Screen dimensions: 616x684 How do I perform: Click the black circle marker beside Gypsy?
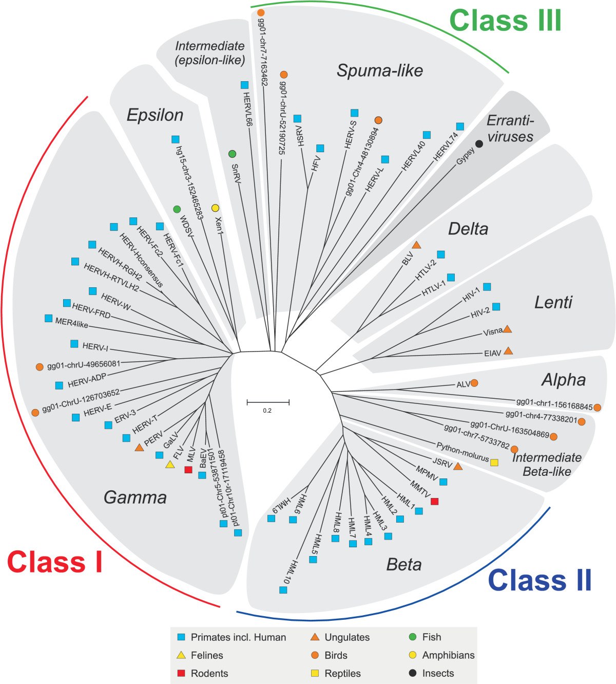pyautogui.click(x=479, y=144)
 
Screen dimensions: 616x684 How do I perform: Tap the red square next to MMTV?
pyautogui.click(x=434, y=501)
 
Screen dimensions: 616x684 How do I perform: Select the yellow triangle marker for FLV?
pyautogui.click(x=170, y=465)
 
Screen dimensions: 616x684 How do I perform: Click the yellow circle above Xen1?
pyautogui.click(x=215, y=208)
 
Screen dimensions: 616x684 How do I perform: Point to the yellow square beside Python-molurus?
pyautogui.click(x=494, y=463)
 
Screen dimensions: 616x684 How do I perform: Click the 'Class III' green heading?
pyautogui.click(x=505, y=21)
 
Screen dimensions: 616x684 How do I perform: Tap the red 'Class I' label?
pyautogui.click(x=54, y=562)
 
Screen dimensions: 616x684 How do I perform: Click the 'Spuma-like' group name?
pyautogui.click(x=380, y=71)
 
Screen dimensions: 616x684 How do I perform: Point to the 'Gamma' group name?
pyautogui.click(x=135, y=497)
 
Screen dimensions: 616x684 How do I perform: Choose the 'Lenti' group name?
pyautogui.click(x=553, y=303)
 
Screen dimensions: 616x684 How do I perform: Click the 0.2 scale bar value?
pyautogui.click(x=267, y=411)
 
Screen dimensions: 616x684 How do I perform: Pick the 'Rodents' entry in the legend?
pyautogui.click(x=209, y=673)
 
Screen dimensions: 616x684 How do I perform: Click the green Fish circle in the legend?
pyautogui.click(x=413, y=637)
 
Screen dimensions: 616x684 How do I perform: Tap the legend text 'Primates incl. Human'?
pyautogui.click(x=239, y=637)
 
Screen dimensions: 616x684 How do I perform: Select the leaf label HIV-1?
pyautogui.click(x=471, y=294)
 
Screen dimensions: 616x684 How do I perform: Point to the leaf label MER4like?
pyautogui.click(x=71, y=323)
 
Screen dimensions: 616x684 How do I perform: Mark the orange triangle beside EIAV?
pyautogui.click(x=508, y=350)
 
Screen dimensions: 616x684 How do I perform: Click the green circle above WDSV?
pyautogui.click(x=177, y=209)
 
